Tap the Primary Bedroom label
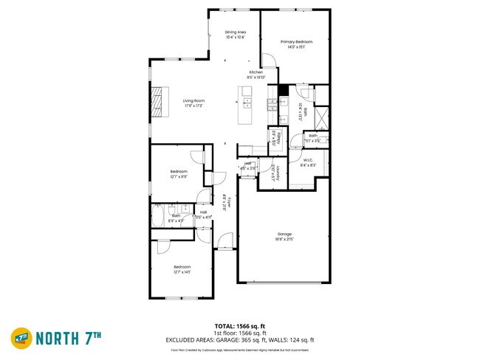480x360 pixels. point(295,42)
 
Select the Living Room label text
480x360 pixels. point(194,101)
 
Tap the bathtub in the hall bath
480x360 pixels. point(159,217)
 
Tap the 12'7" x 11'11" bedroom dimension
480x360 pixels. point(179,177)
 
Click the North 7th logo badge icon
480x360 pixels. point(21,339)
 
